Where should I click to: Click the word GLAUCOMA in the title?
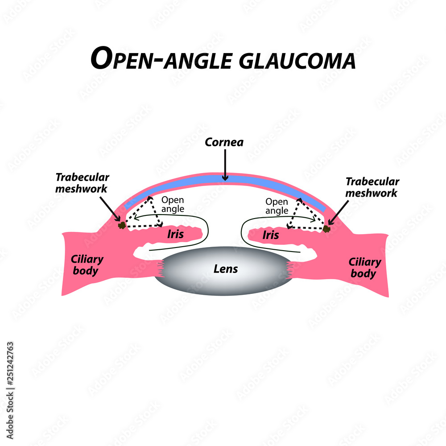tap(297, 60)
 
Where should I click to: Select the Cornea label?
tap(225, 142)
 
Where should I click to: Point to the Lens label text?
tap(225, 269)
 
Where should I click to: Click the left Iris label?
tap(175, 234)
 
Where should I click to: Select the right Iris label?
tap(270, 235)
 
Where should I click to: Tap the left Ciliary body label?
tap(87, 264)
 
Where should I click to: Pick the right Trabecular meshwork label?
tap(372, 187)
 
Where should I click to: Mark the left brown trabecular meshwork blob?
tap(121, 226)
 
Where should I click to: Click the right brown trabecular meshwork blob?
tap(326, 229)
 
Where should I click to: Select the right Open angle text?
tap(277, 206)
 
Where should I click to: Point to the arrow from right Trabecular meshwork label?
tap(339, 213)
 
